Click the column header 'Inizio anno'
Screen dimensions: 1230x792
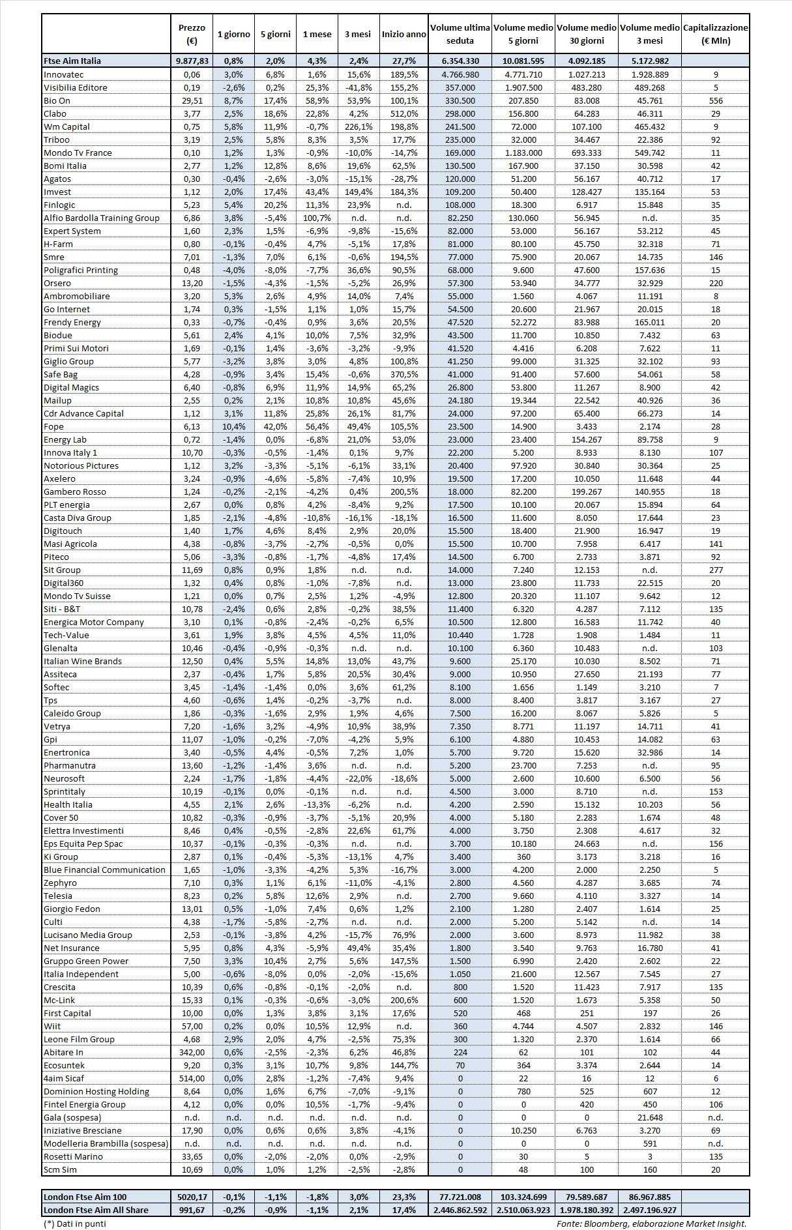[403, 34]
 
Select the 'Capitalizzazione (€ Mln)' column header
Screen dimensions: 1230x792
[715, 34]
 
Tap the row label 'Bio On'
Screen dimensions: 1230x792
[57, 100]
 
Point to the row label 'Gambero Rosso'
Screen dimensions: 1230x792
[74, 491]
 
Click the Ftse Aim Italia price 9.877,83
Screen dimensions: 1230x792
[192, 61]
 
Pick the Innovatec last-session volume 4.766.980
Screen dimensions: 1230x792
[460, 74]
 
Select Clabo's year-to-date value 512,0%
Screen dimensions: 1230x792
[403, 113]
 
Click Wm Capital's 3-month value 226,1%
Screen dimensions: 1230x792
[358, 126]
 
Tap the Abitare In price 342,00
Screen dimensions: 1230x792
[192, 1052]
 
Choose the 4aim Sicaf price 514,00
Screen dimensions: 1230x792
[192, 1078]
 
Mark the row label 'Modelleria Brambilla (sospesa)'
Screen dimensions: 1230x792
[106, 1143]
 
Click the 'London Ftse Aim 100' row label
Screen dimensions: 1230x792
[85, 1197]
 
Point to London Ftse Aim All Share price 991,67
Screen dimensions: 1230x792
[192, 1210]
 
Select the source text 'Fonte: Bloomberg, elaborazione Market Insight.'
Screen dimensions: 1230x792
[651, 1223]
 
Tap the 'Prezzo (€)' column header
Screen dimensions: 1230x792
[192, 34]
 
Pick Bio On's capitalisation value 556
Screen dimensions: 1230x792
[716, 100]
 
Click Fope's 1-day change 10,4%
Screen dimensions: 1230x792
[233, 426]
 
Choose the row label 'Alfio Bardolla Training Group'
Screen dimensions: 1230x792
[101, 218]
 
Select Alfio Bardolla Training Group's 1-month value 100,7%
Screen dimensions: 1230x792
[317, 218]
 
